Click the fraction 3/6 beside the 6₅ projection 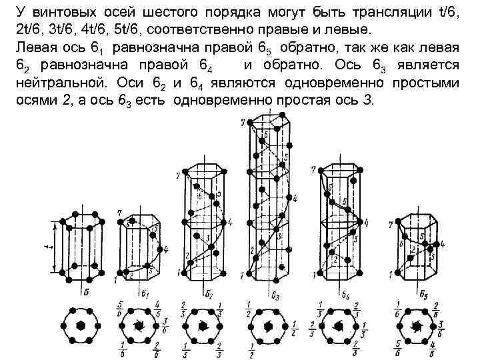441,325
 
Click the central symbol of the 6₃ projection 269,327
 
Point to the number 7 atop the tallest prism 243,121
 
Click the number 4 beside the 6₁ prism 165,249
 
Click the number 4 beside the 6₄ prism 365,221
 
